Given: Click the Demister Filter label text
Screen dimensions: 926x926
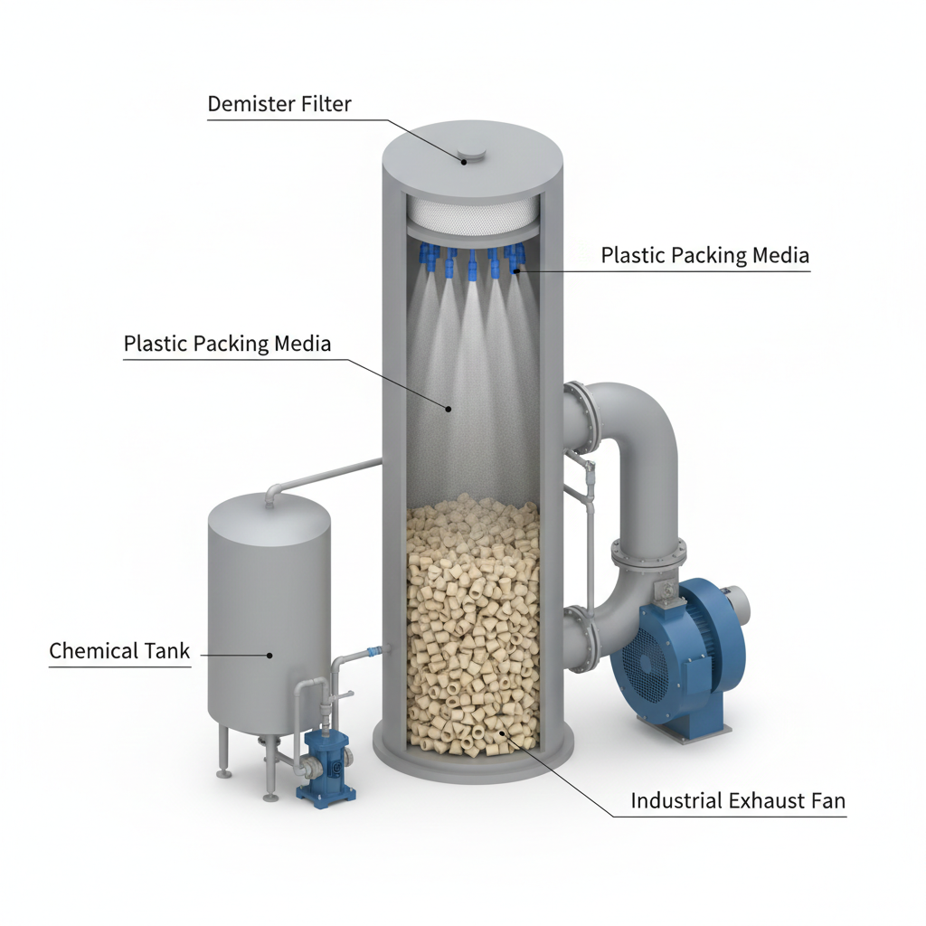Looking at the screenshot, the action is [x=279, y=104].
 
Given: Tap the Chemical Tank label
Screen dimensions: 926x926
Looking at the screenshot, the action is [x=119, y=651].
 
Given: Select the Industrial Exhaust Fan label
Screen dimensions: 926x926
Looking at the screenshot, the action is [x=738, y=801].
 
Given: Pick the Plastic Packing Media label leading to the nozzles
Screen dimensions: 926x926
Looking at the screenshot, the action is [x=704, y=255].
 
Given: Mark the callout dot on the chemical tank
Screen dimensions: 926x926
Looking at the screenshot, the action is [x=269, y=655].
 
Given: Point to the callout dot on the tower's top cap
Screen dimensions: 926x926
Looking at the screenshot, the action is [x=464, y=161].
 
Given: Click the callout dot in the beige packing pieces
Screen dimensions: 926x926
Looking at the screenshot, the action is [x=503, y=732].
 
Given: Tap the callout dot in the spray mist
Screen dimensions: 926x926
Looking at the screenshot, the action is [x=449, y=408].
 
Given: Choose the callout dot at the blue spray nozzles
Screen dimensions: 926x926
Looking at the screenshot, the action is [x=515, y=271].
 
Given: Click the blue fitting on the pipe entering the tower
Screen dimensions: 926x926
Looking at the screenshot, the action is [x=372, y=651].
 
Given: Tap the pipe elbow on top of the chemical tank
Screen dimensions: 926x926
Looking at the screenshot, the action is [x=273, y=492].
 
